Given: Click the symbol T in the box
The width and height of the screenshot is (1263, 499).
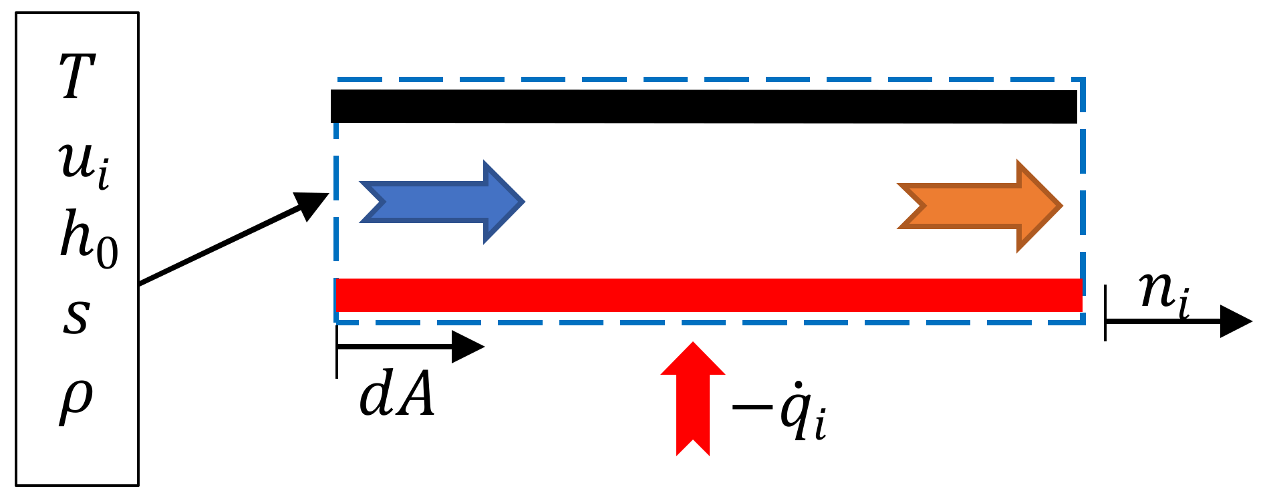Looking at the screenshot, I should tap(78, 77).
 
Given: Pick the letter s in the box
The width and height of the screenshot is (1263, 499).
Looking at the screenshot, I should tap(76, 315).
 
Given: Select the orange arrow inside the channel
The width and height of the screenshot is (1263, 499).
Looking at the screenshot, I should tap(980, 206).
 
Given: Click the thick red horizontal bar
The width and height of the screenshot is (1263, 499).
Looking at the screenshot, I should tap(708, 295).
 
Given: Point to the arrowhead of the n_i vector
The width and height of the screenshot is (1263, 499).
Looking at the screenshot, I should tap(1236, 321).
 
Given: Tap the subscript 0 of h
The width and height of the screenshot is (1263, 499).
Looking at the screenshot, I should tap(107, 253).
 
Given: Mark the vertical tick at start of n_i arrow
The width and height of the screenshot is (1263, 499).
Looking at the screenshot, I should tap(1105, 313).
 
